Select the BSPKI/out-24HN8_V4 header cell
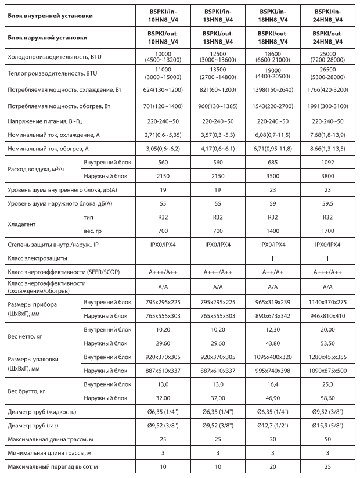pyautogui.click(x=327, y=37)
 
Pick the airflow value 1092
pyautogui.click(x=327, y=163)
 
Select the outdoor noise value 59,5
pyautogui.click(x=327, y=204)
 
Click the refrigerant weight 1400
pyautogui.click(x=272, y=230)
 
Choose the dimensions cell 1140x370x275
pyautogui.click(x=327, y=302)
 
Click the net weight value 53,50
pyautogui.click(x=327, y=343)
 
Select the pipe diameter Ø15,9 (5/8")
pyautogui.click(x=327, y=426)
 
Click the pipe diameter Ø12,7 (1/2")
pyautogui.click(x=272, y=426)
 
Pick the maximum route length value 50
pyautogui.click(x=327, y=439)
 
